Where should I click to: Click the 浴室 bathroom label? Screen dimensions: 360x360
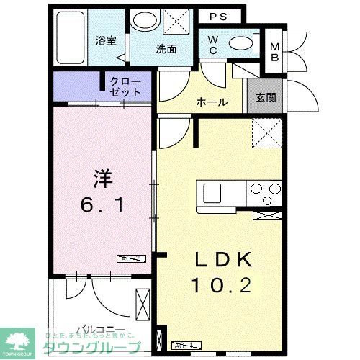click(x=106, y=40)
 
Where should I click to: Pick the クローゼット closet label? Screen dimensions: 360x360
click(x=123, y=87)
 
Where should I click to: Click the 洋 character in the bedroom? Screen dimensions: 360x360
click(x=102, y=176)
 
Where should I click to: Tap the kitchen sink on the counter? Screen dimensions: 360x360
click(x=212, y=193)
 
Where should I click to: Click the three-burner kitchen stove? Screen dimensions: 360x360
click(x=264, y=193)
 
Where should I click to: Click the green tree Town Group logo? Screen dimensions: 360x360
click(x=20, y=340)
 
